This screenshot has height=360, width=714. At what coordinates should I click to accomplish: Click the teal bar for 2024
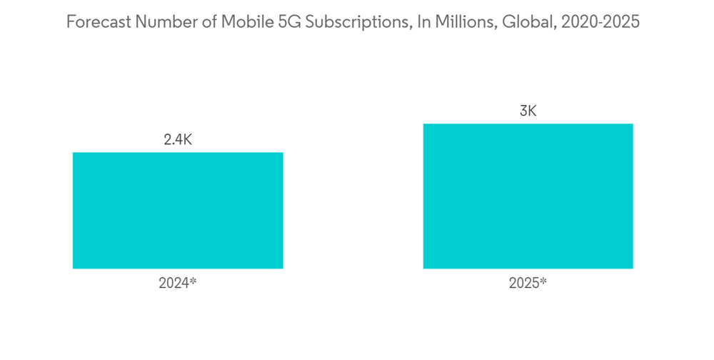[178, 211]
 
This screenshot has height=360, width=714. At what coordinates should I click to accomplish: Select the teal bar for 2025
[528, 196]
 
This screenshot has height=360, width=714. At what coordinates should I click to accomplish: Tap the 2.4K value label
[178, 140]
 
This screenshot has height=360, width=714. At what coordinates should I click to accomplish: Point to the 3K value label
[528, 111]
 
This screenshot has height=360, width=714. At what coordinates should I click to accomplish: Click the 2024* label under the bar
[177, 283]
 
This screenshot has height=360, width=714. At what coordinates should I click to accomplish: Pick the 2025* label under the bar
[528, 283]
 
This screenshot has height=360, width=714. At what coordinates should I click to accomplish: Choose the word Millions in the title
[466, 22]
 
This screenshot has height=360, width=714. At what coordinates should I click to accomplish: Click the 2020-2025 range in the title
[600, 22]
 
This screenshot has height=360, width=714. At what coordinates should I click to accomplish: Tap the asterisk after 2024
[193, 281]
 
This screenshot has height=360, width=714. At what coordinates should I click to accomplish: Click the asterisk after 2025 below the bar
[543, 281]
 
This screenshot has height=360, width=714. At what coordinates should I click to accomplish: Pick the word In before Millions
[424, 22]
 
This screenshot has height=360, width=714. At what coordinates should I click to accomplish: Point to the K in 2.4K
[187, 140]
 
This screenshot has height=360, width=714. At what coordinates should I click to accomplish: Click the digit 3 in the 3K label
[523, 111]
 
